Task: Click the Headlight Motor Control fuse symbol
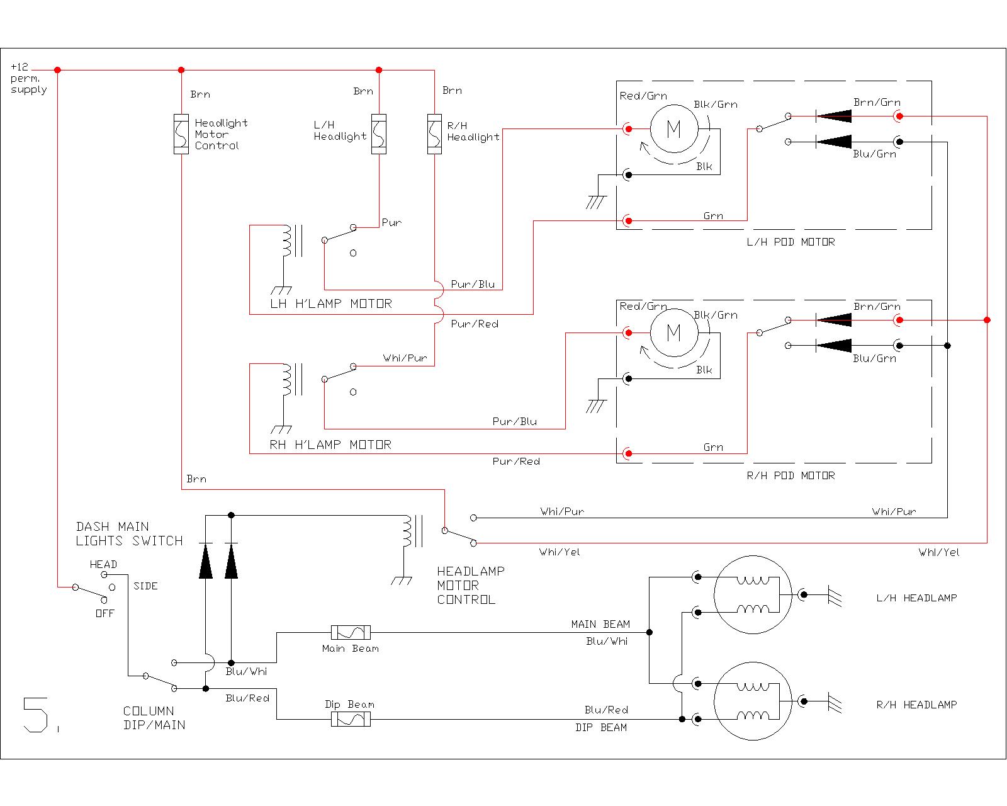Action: point(181,134)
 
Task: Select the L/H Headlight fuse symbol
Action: point(378,134)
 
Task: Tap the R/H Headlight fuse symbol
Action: point(434,134)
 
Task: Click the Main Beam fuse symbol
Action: point(351,632)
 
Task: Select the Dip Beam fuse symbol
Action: point(351,719)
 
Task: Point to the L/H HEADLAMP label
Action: point(916,598)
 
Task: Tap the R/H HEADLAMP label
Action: point(916,705)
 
